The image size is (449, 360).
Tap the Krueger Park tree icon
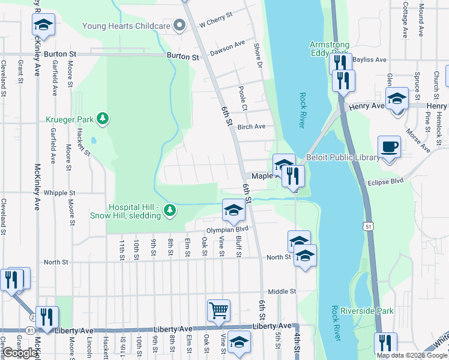click(104, 118)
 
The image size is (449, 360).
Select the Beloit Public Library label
click(343, 158)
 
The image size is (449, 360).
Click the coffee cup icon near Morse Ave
click(389, 146)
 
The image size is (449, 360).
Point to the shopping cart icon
click(218, 310)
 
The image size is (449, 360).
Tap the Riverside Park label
click(367, 311)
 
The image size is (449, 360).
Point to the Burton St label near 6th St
click(182, 56)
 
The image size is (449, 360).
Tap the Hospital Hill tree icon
click(171, 209)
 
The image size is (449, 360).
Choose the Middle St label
click(282, 291)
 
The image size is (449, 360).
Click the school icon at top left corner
click(43, 25)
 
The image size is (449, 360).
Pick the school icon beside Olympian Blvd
click(234, 209)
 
